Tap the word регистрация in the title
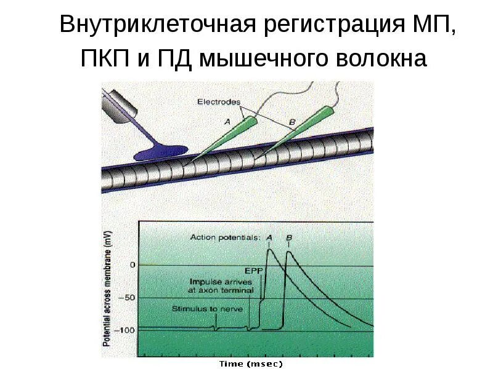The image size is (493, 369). [325, 25]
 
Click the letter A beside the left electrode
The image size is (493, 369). [227, 122]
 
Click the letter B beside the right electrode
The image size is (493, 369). [292, 122]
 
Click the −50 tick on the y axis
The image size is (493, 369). [128, 298]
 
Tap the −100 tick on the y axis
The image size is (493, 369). [126, 330]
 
